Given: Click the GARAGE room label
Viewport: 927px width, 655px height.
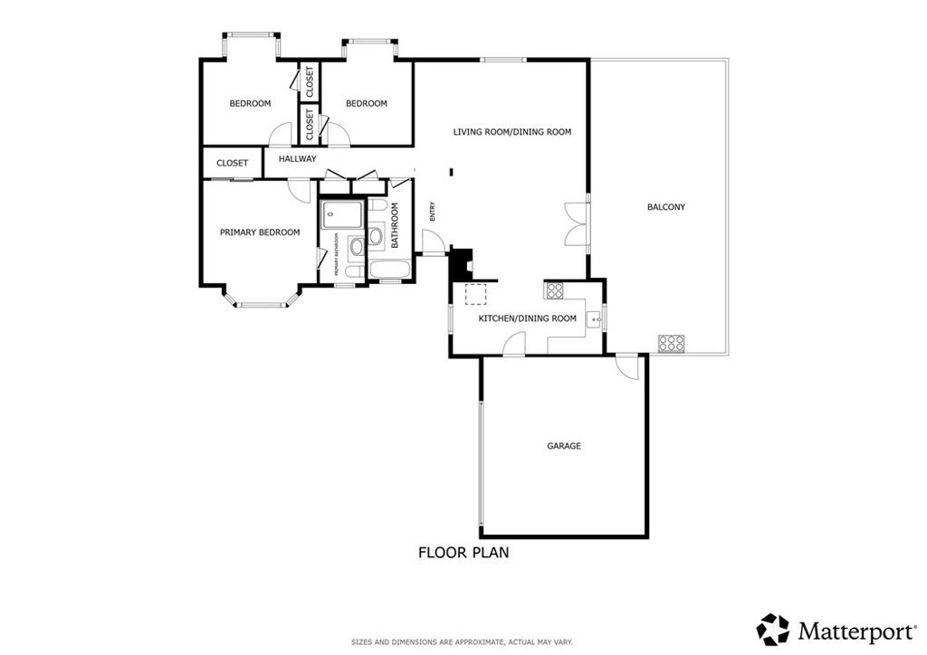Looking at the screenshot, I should (x=563, y=446).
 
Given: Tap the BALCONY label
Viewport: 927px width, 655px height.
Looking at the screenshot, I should (x=665, y=207).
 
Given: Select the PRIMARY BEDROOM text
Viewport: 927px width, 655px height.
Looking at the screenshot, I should (x=260, y=233).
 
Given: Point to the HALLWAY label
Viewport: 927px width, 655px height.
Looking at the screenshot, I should (x=297, y=159).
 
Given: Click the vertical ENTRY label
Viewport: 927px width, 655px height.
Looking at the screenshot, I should (x=433, y=211).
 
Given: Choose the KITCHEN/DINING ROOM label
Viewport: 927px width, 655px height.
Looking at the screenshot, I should (x=527, y=318).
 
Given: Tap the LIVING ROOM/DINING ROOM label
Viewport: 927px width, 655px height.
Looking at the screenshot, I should (x=511, y=132).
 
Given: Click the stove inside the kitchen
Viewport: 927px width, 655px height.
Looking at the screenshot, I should (x=554, y=290).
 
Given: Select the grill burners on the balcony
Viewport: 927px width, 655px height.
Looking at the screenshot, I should (x=671, y=343).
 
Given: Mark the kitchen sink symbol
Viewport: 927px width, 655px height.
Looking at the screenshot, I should (x=593, y=318).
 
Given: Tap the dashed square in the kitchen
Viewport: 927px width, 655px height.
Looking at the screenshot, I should (x=475, y=293).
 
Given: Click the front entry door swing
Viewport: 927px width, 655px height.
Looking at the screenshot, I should (x=432, y=242).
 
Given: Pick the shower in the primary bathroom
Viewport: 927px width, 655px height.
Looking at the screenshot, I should (x=342, y=215).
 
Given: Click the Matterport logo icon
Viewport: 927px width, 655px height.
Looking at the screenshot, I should (x=772, y=629).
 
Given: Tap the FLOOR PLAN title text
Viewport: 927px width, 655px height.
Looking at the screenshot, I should (x=463, y=552).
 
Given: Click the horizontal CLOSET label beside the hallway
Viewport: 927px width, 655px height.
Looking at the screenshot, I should (x=232, y=164).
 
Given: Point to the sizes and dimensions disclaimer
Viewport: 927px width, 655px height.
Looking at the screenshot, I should (x=463, y=642).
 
